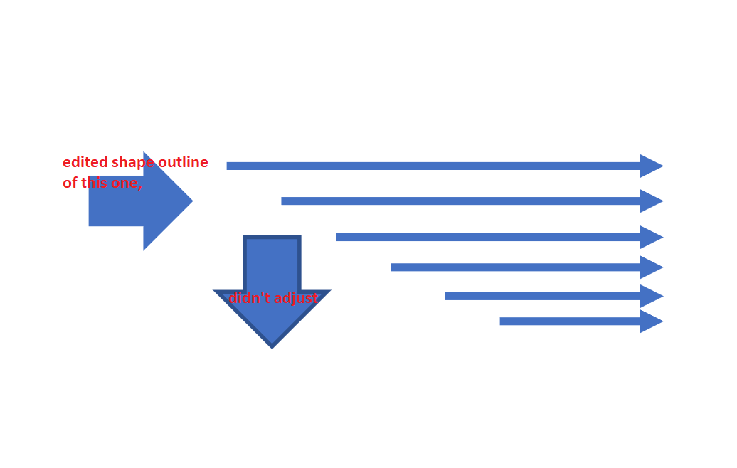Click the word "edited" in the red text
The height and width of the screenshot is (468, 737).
85,161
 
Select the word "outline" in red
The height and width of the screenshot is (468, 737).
183,161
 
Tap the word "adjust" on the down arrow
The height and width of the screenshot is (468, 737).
295,299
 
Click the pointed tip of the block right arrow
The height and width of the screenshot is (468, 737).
192,201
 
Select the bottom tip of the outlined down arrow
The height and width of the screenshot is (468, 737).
272,349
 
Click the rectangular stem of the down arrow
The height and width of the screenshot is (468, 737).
272,263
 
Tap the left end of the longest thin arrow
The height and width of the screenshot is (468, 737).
227,166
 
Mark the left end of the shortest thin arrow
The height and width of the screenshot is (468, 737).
500,321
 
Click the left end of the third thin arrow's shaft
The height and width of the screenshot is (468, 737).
336,238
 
